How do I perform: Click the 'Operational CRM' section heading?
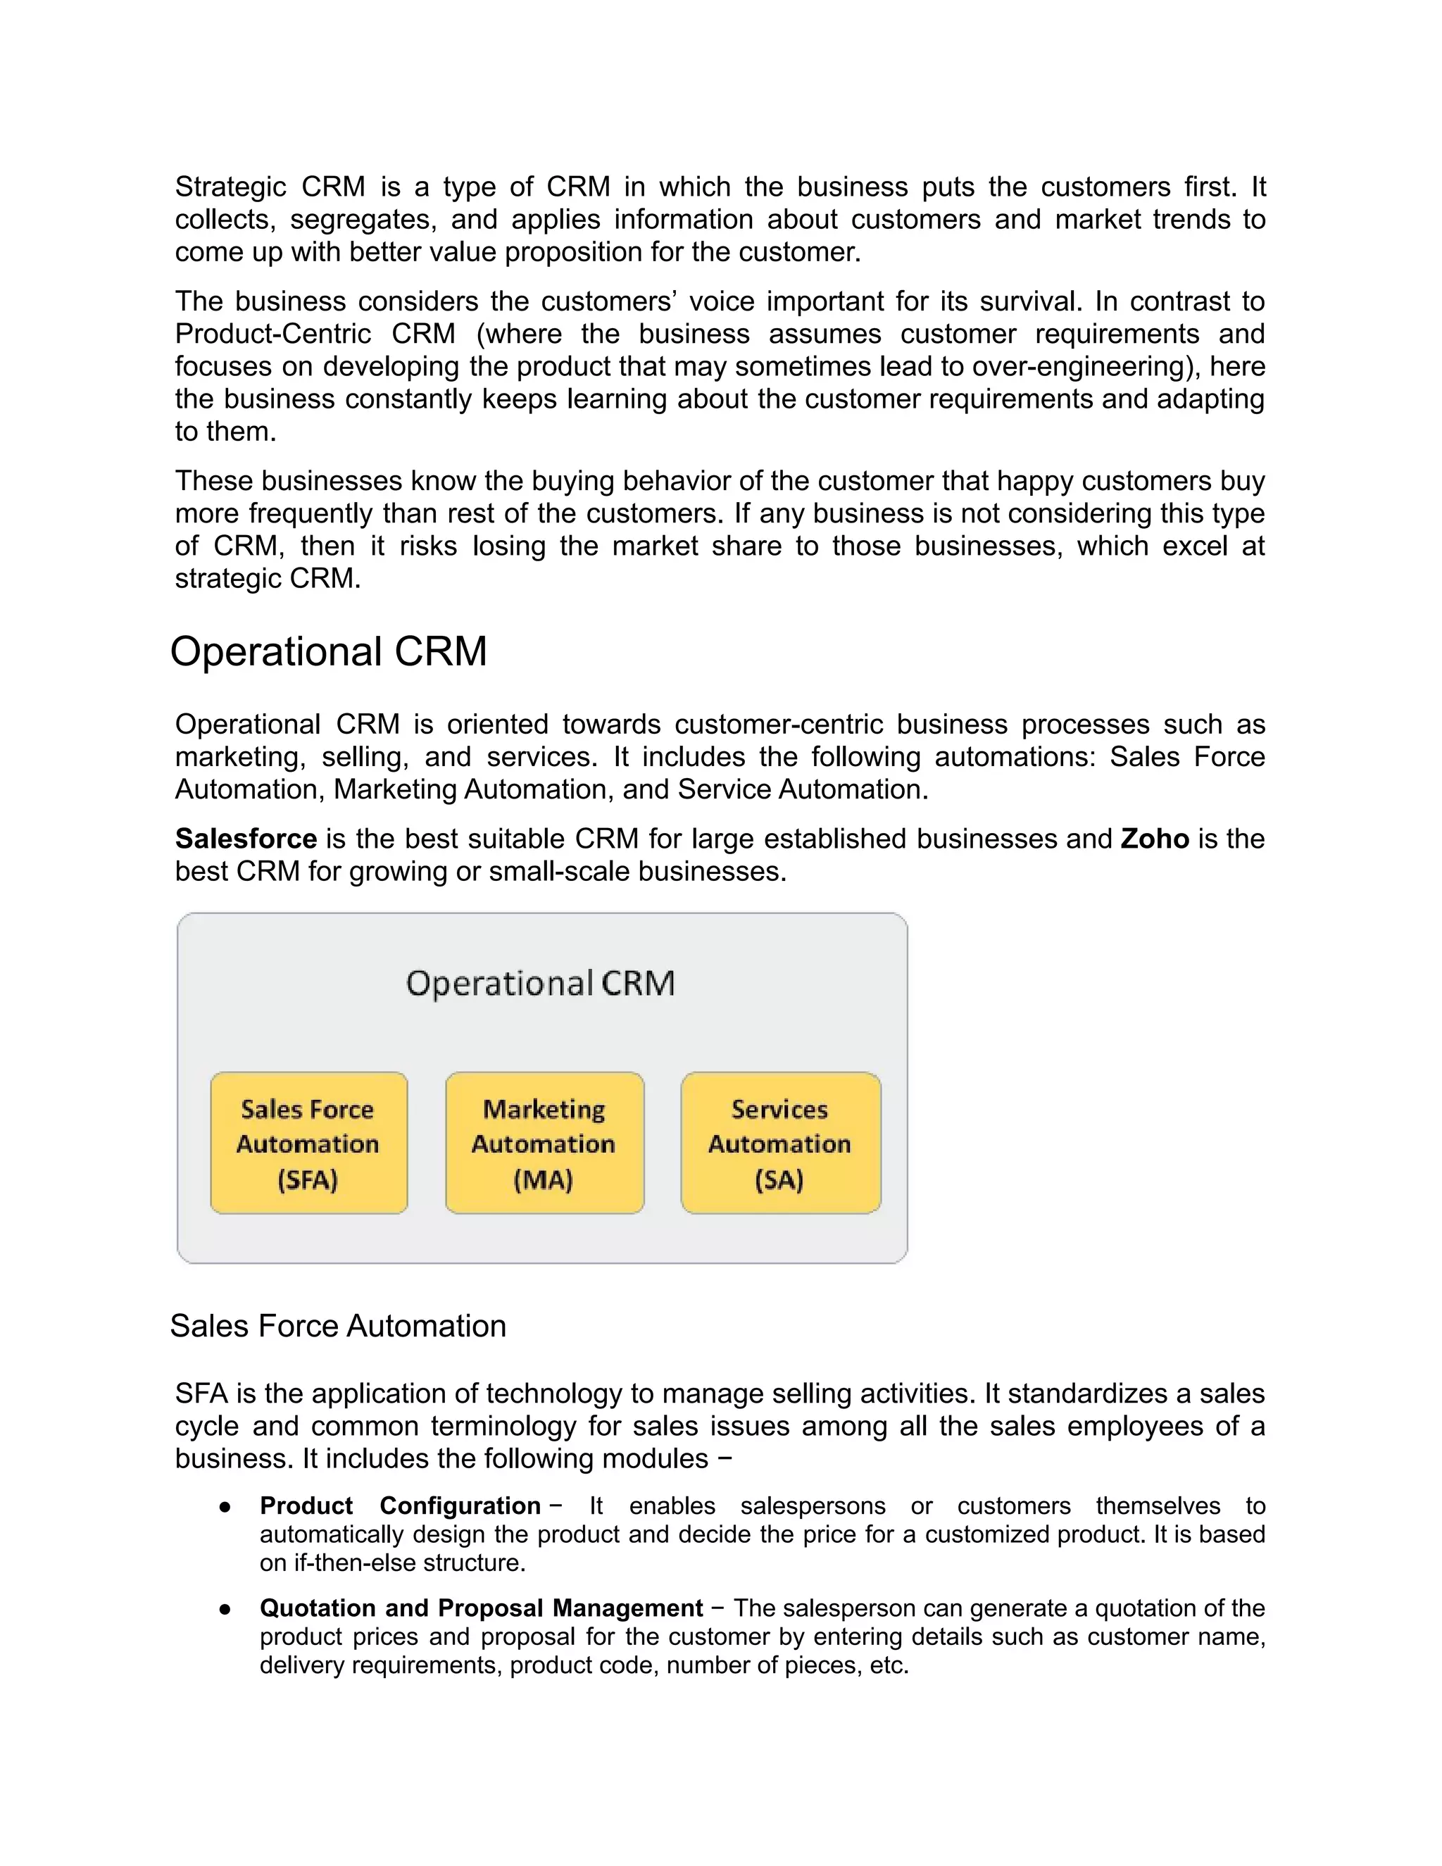[x=328, y=652]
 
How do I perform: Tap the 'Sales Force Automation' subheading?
[x=337, y=1326]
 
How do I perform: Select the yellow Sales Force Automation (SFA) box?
[x=308, y=1142]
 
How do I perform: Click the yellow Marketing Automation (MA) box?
[x=544, y=1142]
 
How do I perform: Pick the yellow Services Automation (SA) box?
[x=780, y=1142]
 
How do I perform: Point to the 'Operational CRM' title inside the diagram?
[x=540, y=984]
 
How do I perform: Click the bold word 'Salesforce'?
[x=246, y=839]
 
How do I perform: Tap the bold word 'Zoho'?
[x=1154, y=839]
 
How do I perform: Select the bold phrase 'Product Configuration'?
[x=400, y=1505]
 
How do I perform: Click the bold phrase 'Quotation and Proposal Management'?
[x=481, y=1608]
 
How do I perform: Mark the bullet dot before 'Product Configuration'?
[x=225, y=1507]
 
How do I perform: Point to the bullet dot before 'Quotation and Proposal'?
[x=225, y=1610]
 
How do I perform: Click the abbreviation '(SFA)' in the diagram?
[x=308, y=1180]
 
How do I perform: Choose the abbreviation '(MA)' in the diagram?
[x=544, y=1180]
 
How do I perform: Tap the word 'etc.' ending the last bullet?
[x=889, y=1665]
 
